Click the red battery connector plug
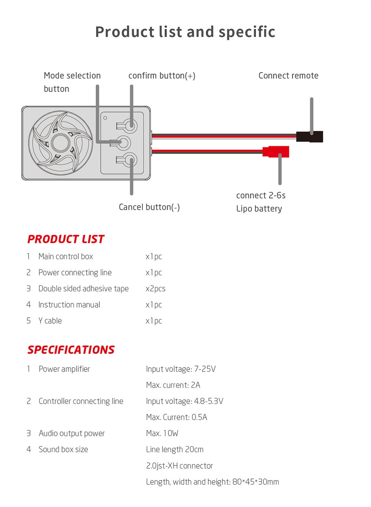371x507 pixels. [276, 152]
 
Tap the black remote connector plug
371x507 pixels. [309, 137]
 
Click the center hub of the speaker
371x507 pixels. [60, 143]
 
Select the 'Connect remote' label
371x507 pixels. [288, 76]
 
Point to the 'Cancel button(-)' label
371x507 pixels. [149, 207]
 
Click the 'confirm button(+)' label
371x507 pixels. [162, 76]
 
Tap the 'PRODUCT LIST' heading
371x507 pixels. [66, 239]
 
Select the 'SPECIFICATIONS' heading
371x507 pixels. [71, 350]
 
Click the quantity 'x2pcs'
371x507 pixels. [155, 289]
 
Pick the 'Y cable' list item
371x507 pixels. [50, 321]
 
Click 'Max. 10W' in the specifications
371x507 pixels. [162, 433]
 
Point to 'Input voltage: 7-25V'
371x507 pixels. [181, 369]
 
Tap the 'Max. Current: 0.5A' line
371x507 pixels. [177, 417]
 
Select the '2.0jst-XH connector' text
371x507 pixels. [180, 465]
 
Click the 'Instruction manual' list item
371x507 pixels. [69, 305]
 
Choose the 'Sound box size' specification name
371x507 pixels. [63, 449]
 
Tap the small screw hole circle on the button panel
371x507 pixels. [105, 118]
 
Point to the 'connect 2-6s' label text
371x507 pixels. [261, 195]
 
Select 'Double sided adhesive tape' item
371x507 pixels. [83, 289]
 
